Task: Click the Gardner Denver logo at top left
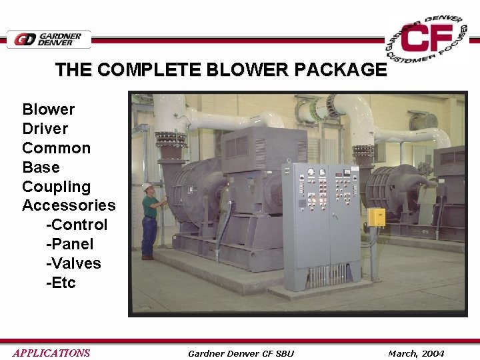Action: coord(49,39)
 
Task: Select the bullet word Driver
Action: coord(45,128)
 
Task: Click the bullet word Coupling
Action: coord(56,187)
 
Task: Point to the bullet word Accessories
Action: coord(69,205)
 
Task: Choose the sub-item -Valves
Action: coord(73,263)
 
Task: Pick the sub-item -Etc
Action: coord(61,283)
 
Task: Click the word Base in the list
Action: coord(41,167)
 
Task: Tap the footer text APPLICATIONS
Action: coord(51,353)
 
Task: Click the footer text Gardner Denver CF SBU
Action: coord(241,353)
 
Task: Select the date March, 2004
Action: coord(416,353)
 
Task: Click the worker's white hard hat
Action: coord(147,187)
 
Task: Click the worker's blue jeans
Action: coord(149,236)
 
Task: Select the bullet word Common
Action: coord(56,148)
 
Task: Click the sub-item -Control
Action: coord(77,225)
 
